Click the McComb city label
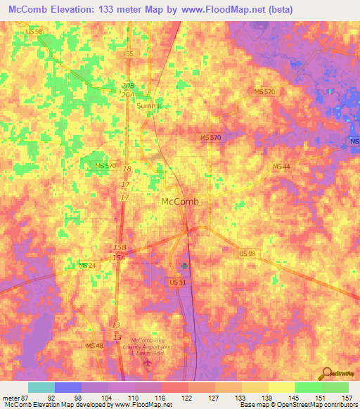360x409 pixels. pyautogui.click(x=180, y=201)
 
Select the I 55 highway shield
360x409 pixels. pyautogui.click(x=127, y=53)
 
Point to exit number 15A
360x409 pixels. pyautogui.click(x=118, y=258)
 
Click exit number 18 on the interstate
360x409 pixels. pyautogui.click(x=127, y=169)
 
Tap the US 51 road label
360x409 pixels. pyautogui.click(x=178, y=282)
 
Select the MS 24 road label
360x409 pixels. pyautogui.click(x=87, y=265)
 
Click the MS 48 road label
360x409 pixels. pyautogui.click(x=94, y=326)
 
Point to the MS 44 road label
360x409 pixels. pyautogui.click(x=281, y=166)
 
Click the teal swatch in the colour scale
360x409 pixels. pyautogui.click(x=41, y=387)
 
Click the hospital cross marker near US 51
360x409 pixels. pyautogui.click(x=184, y=266)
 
